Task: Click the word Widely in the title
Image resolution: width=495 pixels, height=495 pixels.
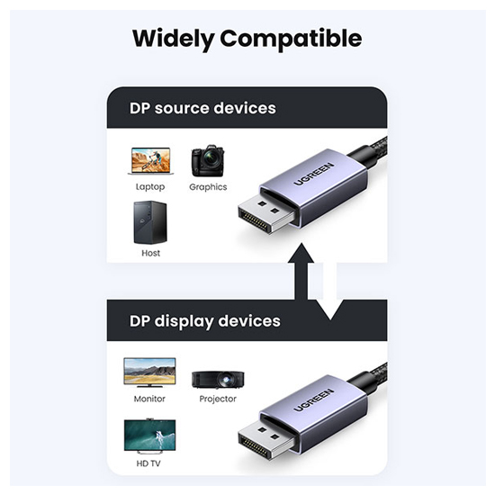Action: [174, 39]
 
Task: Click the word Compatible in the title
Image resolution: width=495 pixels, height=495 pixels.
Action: [291, 38]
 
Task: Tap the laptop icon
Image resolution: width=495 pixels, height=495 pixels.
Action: [150, 161]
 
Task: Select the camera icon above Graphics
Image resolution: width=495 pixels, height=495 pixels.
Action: [208, 161]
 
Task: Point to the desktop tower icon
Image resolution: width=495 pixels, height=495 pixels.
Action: [150, 222]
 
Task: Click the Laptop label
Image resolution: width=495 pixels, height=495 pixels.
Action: [150, 187]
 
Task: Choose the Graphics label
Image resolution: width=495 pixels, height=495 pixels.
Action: [208, 187]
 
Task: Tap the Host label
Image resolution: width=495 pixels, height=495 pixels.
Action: [150, 253]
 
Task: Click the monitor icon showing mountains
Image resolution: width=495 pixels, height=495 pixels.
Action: [149, 373]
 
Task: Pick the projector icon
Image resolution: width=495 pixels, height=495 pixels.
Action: [218, 380]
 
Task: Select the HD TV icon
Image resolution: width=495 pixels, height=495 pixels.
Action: [149, 435]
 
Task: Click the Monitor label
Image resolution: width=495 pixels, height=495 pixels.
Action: [149, 399]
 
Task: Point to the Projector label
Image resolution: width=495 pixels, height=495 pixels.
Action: [218, 399]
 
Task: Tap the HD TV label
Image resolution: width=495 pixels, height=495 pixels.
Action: [148, 463]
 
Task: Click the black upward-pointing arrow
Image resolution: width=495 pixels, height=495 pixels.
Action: [301, 272]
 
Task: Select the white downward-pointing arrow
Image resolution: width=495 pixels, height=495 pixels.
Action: [330, 292]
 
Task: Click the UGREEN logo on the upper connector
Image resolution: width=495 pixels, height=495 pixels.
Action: [314, 174]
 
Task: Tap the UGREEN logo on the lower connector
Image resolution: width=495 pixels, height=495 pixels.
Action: [314, 400]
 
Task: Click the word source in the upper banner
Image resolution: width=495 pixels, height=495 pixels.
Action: [182, 108]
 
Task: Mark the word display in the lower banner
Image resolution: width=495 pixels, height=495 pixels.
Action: [184, 321]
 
